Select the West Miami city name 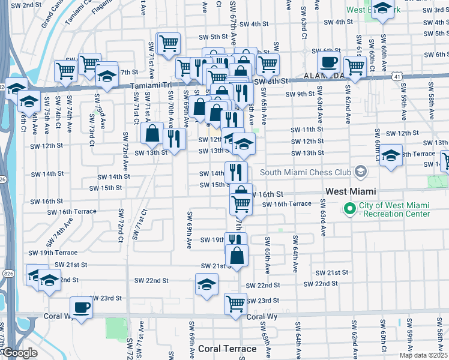pos(351,191)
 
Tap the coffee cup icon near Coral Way pos(81,308)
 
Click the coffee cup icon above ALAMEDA pos(328,61)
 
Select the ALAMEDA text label pos(324,76)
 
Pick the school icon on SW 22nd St pos(206,284)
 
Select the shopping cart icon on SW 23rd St pos(236,303)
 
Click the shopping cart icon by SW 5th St pos(169,43)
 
